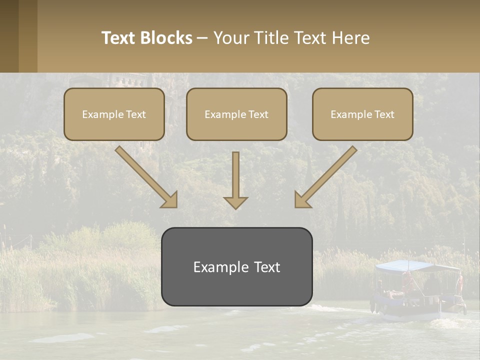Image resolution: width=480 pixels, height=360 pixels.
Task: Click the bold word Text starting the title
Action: pyautogui.click(x=120, y=38)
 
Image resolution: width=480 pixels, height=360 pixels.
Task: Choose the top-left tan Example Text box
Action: pyautogui.click(x=114, y=114)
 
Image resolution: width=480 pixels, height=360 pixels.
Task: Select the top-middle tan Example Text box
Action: pyautogui.click(x=236, y=114)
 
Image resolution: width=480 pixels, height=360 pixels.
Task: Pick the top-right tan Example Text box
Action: pyautogui.click(x=362, y=114)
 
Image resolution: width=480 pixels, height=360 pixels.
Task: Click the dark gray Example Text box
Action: pyautogui.click(x=236, y=266)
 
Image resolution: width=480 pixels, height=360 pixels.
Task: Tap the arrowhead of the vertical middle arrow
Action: pyautogui.click(x=235, y=202)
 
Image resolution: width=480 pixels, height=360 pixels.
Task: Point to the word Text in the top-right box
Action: pyautogui.click(x=384, y=114)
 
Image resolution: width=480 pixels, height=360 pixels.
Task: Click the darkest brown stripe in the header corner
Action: pyautogui.click(x=9, y=36)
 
